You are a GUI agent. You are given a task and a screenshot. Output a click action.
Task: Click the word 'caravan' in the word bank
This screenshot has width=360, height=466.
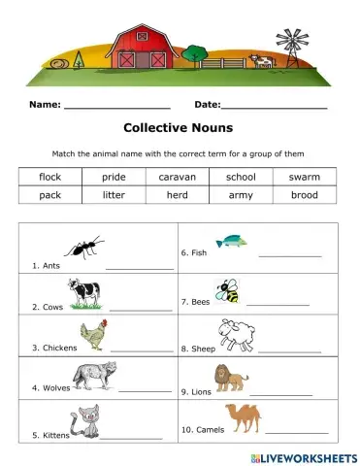tap(178, 177)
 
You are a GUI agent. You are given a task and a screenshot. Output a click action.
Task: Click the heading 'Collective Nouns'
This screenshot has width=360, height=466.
tap(179, 126)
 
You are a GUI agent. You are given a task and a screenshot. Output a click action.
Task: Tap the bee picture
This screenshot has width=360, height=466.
tap(227, 290)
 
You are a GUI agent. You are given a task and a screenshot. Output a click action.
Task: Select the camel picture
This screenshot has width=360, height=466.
tap(243, 417)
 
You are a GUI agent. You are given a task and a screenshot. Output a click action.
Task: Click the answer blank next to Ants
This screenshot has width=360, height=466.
tap(139, 267)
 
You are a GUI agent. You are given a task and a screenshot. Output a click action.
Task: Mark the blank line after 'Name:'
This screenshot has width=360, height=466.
tap(116, 106)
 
